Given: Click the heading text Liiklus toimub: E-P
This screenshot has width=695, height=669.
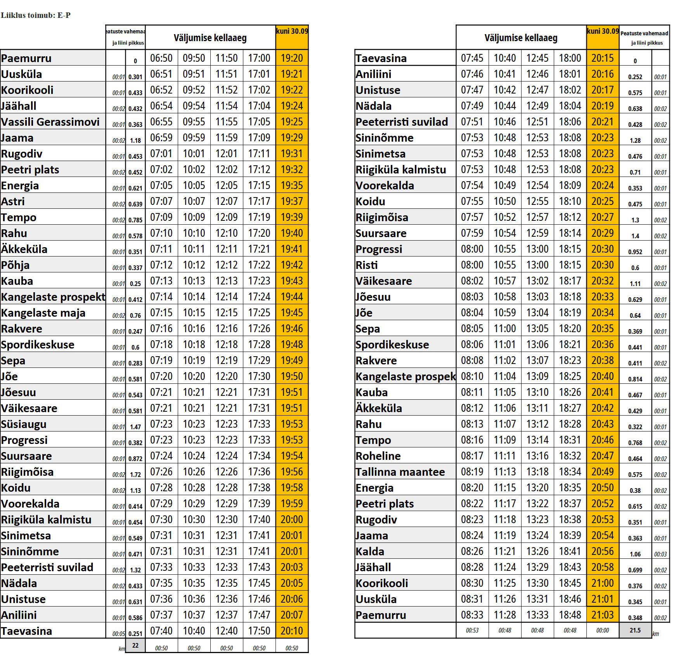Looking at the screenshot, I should click(x=36, y=16).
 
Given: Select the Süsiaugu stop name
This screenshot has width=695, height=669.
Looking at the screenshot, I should click(x=24, y=424).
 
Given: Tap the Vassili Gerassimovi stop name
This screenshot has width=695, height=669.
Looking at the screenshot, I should click(x=50, y=122).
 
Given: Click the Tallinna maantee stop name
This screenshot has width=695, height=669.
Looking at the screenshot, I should click(x=400, y=472).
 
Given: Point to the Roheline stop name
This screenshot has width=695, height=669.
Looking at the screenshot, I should click(x=378, y=456).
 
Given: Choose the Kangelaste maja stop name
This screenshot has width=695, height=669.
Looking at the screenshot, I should click(x=43, y=313).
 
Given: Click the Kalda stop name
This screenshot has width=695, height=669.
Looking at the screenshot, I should click(x=370, y=551).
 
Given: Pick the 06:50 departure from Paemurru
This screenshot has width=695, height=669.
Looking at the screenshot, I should click(x=161, y=58).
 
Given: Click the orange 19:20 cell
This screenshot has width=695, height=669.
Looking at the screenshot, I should click(x=292, y=58).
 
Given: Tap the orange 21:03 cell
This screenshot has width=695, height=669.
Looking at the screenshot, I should click(x=602, y=615).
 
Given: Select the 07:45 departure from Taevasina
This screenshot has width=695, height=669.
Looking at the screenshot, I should click(x=472, y=58).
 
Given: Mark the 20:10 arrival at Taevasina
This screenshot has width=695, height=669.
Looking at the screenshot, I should click(x=292, y=631).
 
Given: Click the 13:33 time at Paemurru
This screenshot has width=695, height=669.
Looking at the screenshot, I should click(x=537, y=615).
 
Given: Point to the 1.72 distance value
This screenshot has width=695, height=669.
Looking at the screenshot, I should click(x=135, y=475).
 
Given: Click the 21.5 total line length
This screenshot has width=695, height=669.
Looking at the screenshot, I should click(x=635, y=630).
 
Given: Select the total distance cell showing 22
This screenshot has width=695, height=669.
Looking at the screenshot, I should click(x=135, y=645).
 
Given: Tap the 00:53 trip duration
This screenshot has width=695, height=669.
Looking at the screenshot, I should click(x=472, y=630).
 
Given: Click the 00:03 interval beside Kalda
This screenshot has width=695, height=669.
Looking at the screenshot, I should click(x=660, y=554).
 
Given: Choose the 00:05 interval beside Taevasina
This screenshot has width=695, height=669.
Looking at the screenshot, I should click(x=118, y=634).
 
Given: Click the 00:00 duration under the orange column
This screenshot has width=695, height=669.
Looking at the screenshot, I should click(x=602, y=630).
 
